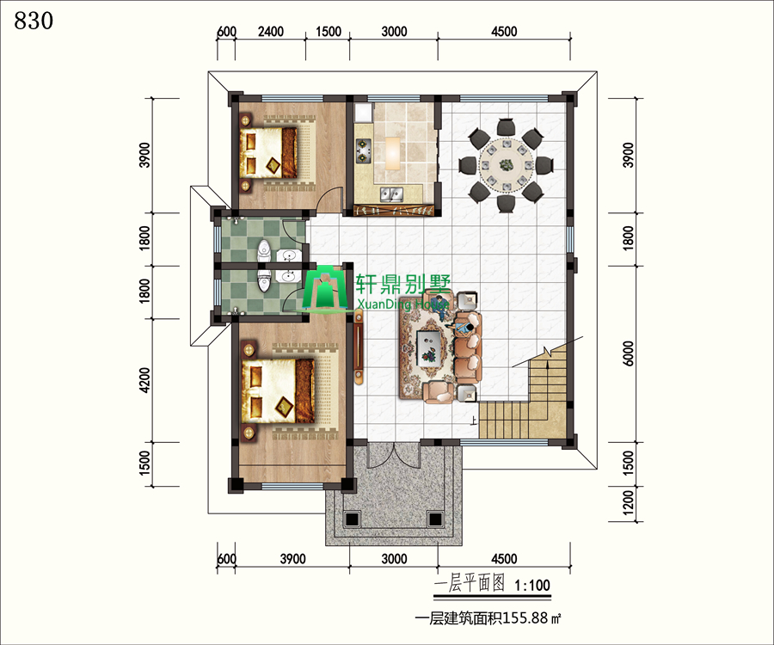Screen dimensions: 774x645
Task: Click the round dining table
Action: coord(507,165)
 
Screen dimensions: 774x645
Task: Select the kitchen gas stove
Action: coord(363,150)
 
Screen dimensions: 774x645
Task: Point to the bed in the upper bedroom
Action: coord(269,152)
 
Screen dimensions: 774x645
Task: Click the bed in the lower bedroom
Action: coord(278,390)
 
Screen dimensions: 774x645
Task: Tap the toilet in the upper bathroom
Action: coord(265,251)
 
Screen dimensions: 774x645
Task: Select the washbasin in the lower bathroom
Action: coord(287,276)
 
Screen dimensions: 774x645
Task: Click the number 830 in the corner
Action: coord(34,21)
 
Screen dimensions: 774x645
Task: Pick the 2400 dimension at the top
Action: coord(271,32)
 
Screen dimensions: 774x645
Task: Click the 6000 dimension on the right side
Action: coord(628,353)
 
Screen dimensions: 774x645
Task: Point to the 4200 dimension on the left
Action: coord(144,380)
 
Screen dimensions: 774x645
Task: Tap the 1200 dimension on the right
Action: coord(628,502)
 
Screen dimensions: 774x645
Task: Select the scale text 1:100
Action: coord(532,586)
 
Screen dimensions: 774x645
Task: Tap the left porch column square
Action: coord(351,519)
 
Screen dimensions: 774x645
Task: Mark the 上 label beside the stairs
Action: coord(474,421)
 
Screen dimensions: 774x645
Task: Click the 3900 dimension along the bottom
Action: coord(292,559)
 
